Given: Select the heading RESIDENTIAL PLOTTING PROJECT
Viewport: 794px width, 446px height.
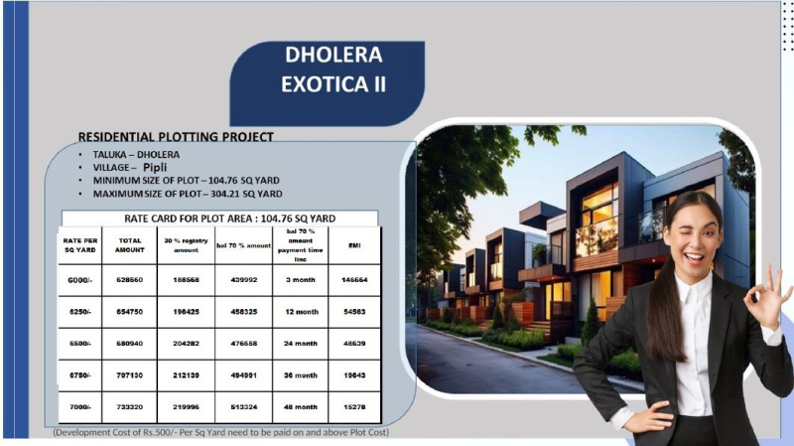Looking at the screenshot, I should pos(176,136).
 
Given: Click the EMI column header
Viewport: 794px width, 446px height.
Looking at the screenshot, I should pos(354,244).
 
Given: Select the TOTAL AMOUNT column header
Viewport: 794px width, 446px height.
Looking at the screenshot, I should pos(131,244).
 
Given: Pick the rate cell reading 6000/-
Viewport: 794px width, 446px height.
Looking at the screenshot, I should pos(80,280).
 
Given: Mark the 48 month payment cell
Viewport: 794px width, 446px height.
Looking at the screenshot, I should pos(300,407).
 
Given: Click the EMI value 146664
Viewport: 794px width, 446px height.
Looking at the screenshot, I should pos(354,280).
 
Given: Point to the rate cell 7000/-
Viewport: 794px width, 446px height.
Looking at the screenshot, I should pos(80,407).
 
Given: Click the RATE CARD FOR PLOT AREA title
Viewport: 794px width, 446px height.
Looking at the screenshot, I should pos(229,218).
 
